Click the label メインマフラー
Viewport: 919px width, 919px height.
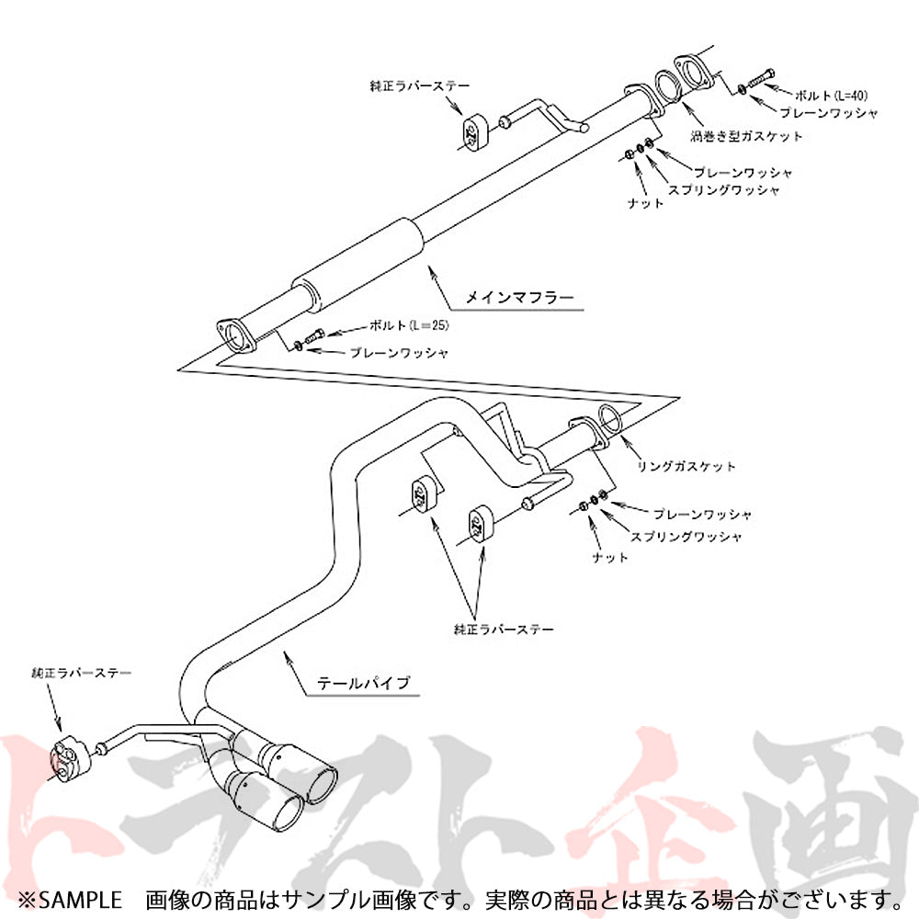coord(518,297)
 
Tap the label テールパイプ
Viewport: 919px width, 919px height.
coord(362,683)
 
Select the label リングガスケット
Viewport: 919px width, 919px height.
coord(686,466)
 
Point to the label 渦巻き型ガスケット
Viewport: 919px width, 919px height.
coord(746,136)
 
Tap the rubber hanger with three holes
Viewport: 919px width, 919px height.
coord(70,759)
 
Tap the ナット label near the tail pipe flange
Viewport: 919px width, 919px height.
coord(610,557)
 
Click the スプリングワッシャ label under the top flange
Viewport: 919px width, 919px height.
coord(724,190)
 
